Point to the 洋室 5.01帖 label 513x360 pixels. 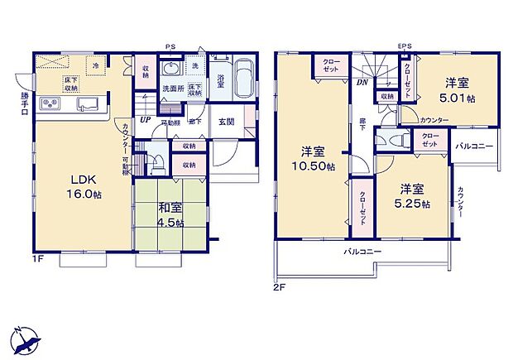pyautogui.click(x=457, y=89)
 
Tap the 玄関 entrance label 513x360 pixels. pyautogui.click(x=226, y=122)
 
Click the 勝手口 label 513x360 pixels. pyautogui.click(x=24, y=104)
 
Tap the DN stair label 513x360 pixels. pyautogui.click(x=362, y=82)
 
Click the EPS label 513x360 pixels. pyautogui.click(x=404, y=46)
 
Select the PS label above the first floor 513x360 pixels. pyautogui.click(x=170, y=46)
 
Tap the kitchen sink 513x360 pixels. pyautogui.click(x=88, y=104)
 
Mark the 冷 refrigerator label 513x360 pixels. pyautogui.click(x=95, y=65)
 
